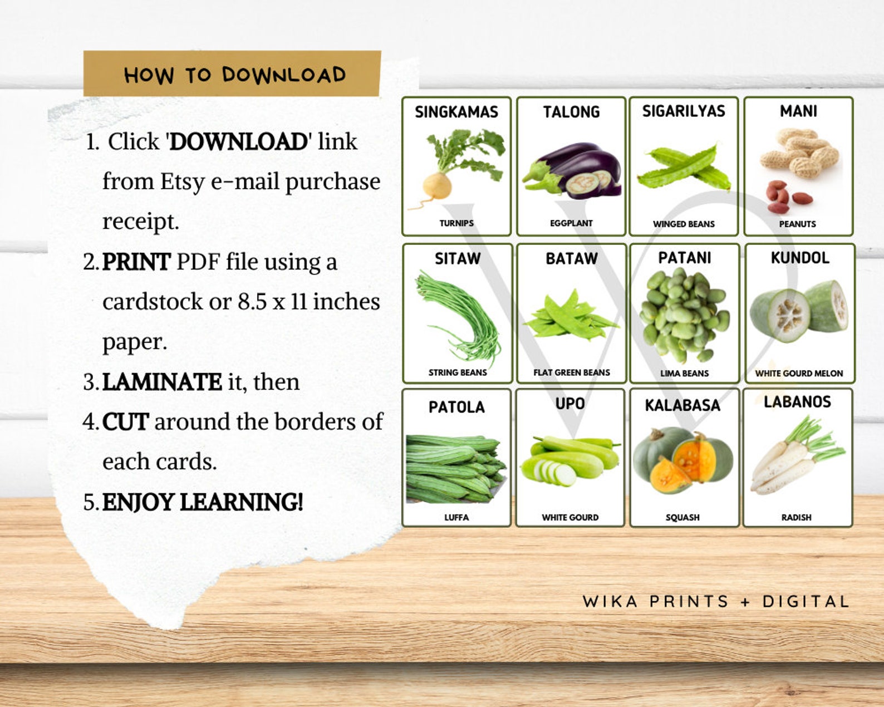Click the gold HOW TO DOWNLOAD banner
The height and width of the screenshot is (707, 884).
coord(232,74)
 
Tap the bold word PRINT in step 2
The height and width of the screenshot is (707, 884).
coord(136,262)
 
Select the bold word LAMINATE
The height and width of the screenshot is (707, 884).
coord(162,382)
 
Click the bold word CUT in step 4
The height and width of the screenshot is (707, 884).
coord(125,422)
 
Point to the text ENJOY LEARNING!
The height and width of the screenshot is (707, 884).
coord(203,502)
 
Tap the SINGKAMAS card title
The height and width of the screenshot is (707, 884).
coord(456,112)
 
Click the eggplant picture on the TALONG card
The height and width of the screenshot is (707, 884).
coord(573,170)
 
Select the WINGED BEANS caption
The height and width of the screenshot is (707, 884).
coord(684,224)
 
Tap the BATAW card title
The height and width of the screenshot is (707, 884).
coord(571,258)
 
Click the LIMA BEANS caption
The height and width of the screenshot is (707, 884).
coord(684,373)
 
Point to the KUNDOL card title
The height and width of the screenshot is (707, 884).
coord(799,258)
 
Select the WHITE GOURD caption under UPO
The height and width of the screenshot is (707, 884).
coord(570,517)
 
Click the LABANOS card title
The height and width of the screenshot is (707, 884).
coord(797,402)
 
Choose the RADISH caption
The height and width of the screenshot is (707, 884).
coord(796,517)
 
